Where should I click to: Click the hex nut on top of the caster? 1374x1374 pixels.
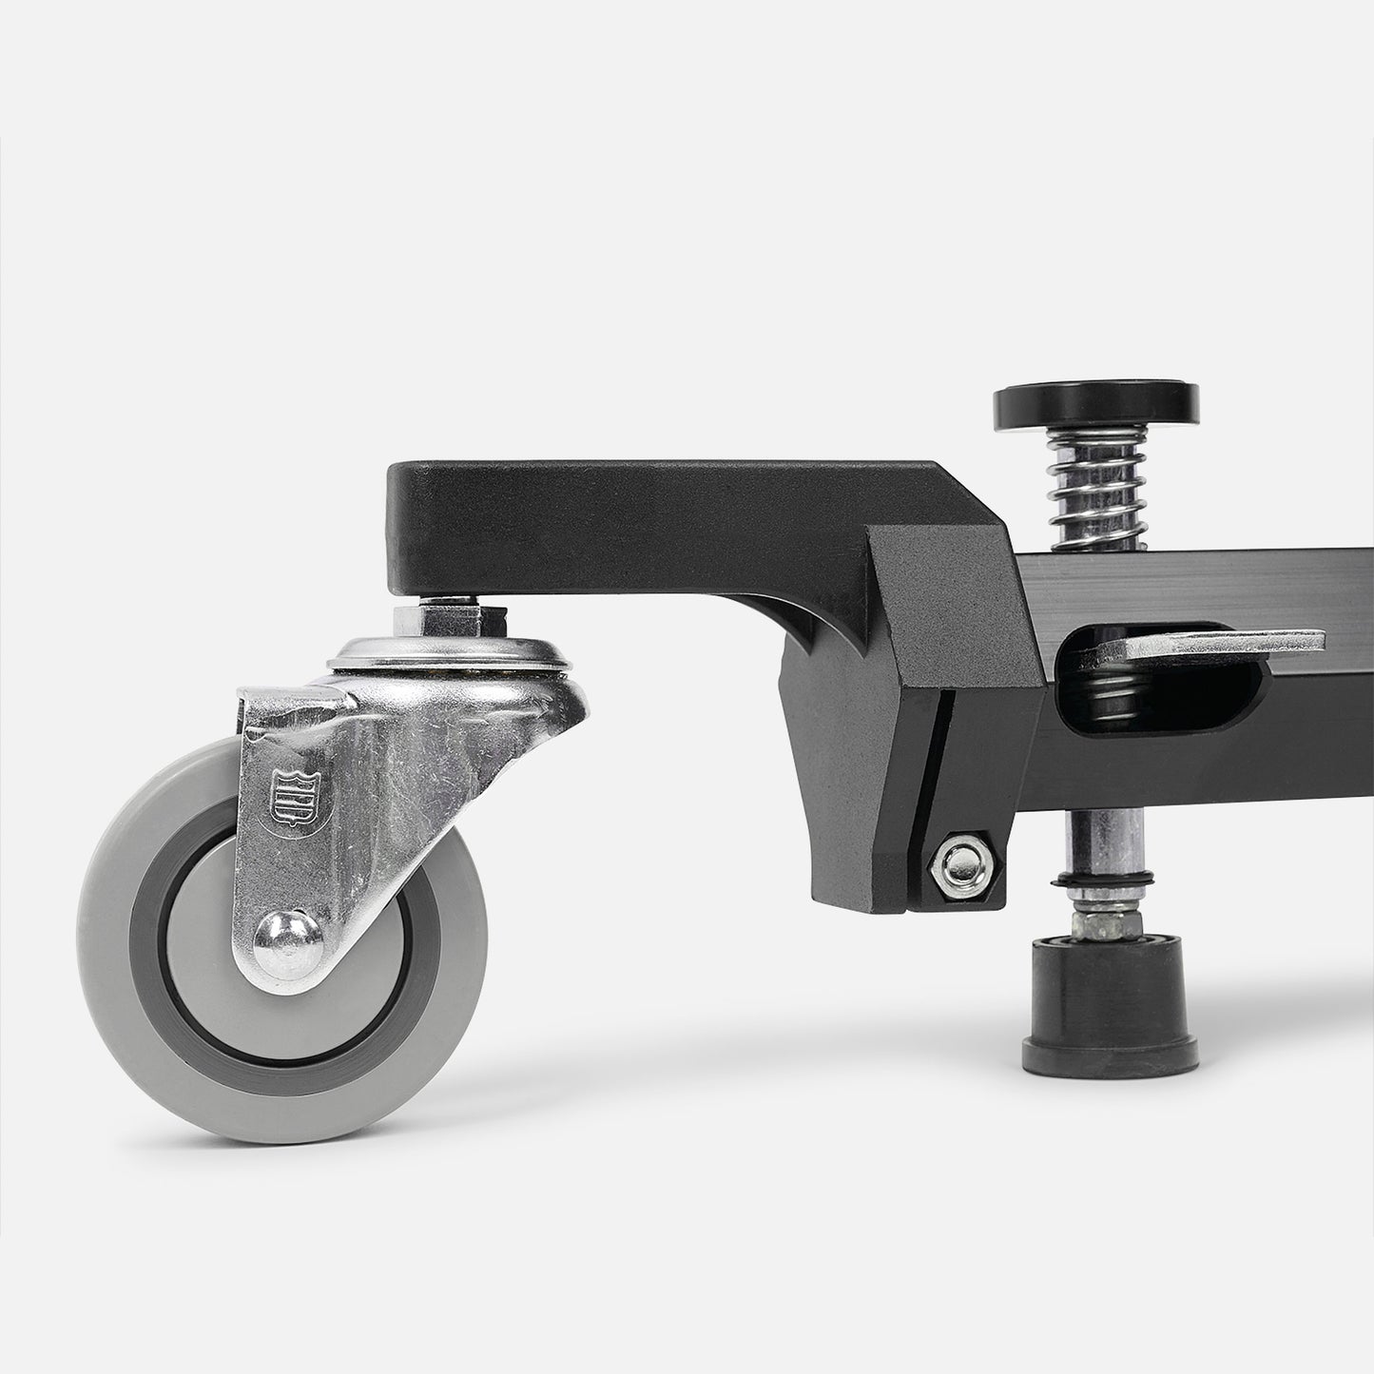pyautogui.click(x=446, y=619)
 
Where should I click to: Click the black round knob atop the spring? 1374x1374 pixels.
pyautogui.click(x=1094, y=403)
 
